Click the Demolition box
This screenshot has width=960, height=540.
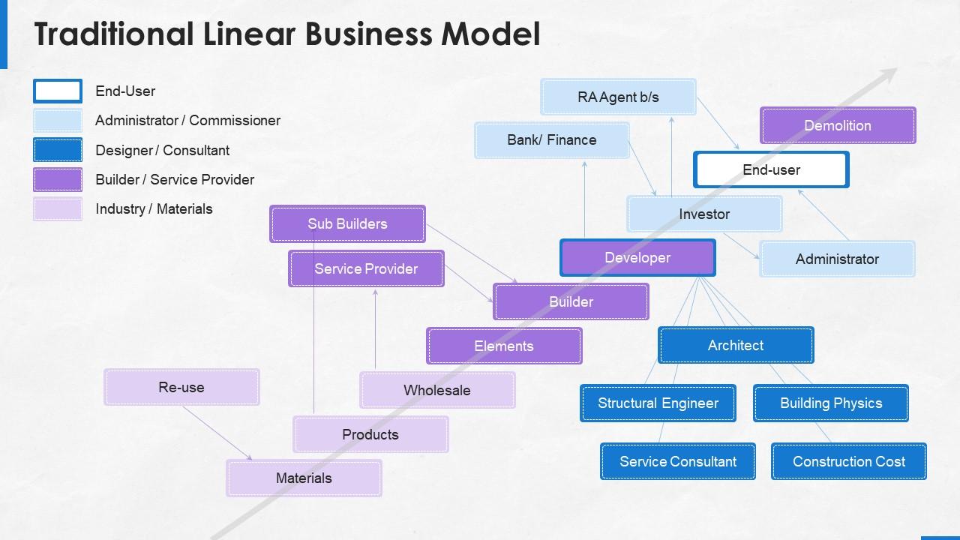pyautogui.click(x=838, y=125)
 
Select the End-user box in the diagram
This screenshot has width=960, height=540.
pyautogui.click(x=771, y=169)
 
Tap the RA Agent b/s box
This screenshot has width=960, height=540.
pyautogui.click(x=618, y=97)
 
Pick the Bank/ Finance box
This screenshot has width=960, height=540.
pyautogui.click(x=552, y=140)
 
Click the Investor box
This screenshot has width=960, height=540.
pyautogui.click(x=704, y=214)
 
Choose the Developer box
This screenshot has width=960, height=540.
pyautogui.click(x=637, y=258)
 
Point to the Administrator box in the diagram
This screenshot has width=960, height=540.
pyautogui.click(x=837, y=259)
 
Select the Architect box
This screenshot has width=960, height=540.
pyautogui.click(x=736, y=345)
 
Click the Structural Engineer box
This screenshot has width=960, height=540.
pyautogui.click(x=658, y=403)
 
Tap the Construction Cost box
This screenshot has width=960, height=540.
pyautogui.click(x=848, y=461)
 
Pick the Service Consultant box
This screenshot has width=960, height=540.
pyautogui.click(x=677, y=461)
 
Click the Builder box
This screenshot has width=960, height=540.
pyautogui.click(x=571, y=301)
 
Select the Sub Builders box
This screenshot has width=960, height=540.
pyautogui.click(x=347, y=223)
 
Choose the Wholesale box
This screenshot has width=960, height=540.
pyautogui.click(x=437, y=390)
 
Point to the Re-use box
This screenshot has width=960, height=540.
pyautogui.click(x=181, y=387)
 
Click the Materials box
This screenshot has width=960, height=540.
pyautogui.click(x=304, y=478)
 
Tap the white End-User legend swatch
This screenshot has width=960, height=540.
pyautogui.click(x=58, y=91)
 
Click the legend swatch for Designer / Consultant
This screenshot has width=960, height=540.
pyautogui.click(x=58, y=150)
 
